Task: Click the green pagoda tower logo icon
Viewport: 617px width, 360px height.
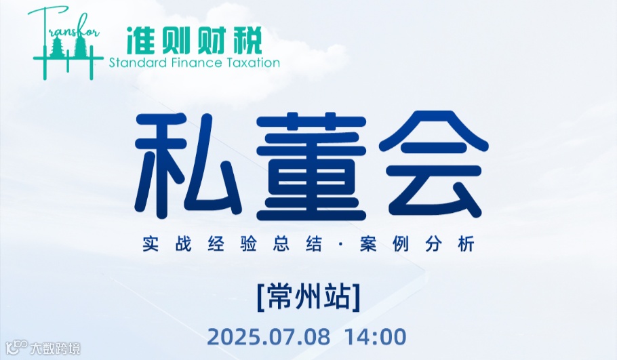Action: (66, 47)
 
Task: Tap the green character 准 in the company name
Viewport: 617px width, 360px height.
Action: (141, 41)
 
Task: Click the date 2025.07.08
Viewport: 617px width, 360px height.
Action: (269, 336)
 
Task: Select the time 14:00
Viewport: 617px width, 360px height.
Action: (376, 336)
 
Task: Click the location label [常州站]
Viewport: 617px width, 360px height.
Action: (308, 298)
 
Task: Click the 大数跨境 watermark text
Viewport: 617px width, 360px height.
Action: (56, 349)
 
